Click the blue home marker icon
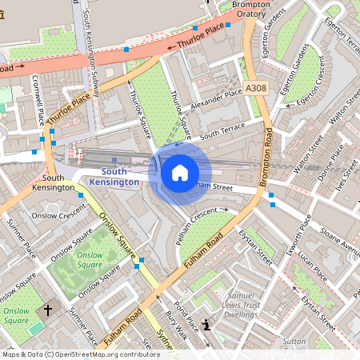pyautogui.click(x=180, y=172)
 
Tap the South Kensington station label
pyautogui.click(x=114, y=177)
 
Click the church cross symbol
pyautogui.click(x=47, y=309)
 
